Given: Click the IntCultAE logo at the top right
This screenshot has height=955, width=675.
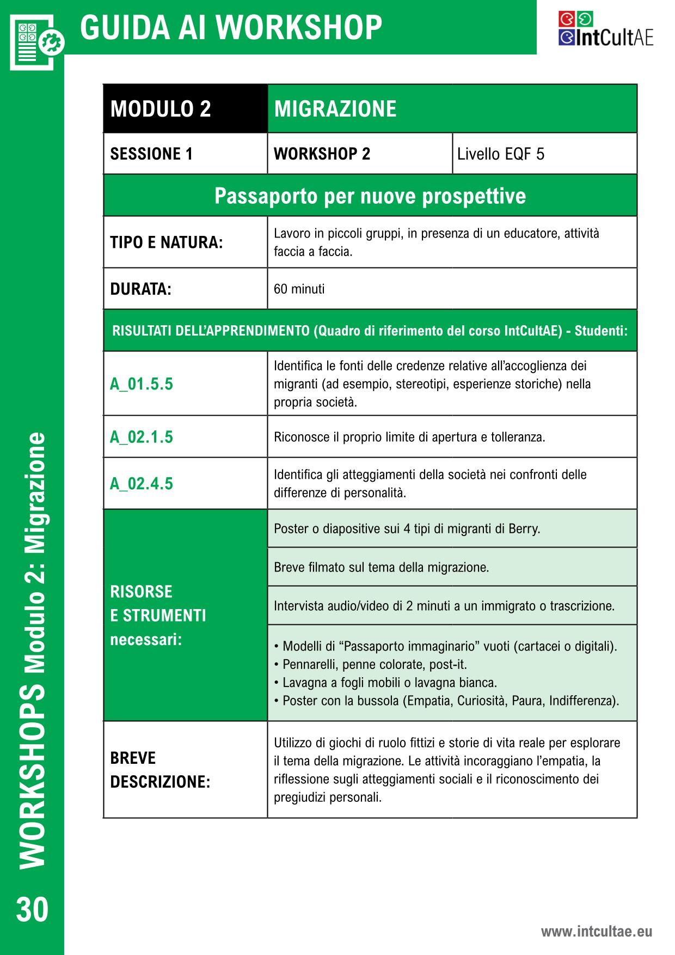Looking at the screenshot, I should click(x=605, y=29).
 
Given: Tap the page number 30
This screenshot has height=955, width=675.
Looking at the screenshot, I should click(x=32, y=910).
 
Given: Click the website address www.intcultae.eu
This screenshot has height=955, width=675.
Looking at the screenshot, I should click(x=596, y=931).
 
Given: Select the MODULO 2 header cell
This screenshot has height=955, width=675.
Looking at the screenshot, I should click(x=161, y=109).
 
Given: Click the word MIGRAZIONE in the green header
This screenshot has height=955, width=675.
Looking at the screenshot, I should click(x=335, y=109).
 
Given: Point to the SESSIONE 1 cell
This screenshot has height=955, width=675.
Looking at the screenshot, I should click(x=151, y=154).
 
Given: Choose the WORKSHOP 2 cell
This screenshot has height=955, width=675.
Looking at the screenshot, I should click(x=322, y=154).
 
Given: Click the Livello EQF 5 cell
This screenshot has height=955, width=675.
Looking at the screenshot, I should click(x=500, y=154).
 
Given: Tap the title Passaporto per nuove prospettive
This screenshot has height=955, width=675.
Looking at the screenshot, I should click(x=370, y=196).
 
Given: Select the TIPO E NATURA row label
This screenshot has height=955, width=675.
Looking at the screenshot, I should click(x=167, y=242).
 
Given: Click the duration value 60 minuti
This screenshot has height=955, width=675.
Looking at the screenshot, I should click(x=299, y=289).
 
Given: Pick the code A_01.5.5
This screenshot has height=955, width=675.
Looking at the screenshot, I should click(x=142, y=384).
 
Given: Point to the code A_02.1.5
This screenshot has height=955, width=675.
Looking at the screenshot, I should click(x=142, y=437).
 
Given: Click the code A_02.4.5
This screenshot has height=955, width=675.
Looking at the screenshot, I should click(x=142, y=484).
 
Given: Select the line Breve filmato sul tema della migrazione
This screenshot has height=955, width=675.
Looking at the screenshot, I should click(x=381, y=567).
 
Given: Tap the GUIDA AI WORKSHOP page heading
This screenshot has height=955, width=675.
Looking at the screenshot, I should click(x=231, y=27).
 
